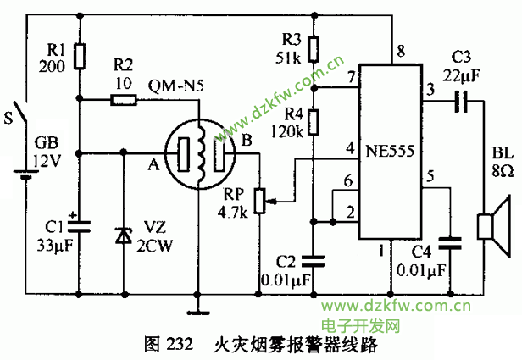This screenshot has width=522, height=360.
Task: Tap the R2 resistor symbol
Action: click(x=123, y=100)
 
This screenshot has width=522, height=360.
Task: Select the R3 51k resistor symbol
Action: click(x=313, y=52)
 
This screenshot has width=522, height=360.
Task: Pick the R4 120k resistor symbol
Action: click(x=313, y=124)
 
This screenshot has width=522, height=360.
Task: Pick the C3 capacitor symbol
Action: click(x=460, y=102)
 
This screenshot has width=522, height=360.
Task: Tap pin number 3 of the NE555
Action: click(x=430, y=89)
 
